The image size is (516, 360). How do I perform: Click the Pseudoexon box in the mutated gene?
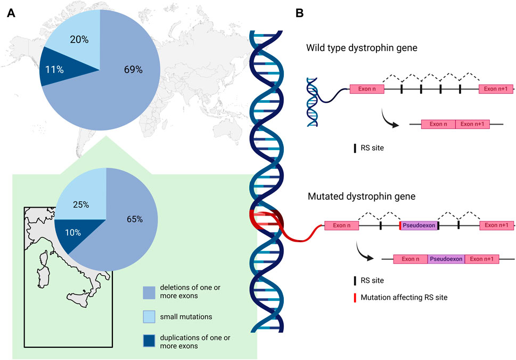pyautogui.click(x=419, y=226)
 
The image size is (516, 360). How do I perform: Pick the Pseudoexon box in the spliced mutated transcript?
pyautogui.click(x=446, y=259)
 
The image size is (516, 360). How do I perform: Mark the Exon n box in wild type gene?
pyautogui.click(x=366, y=89)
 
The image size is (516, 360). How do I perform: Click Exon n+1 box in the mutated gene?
pyautogui.click(x=496, y=226)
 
